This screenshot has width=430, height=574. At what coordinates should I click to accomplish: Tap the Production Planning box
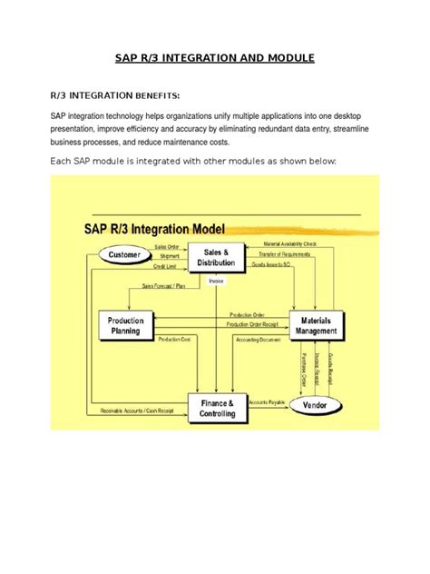(125, 325)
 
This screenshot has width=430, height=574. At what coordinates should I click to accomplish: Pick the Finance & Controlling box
(218, 408)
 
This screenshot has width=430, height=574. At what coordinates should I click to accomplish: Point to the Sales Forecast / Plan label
(164, 285)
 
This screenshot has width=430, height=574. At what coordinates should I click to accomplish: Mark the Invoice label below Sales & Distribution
(217, 281)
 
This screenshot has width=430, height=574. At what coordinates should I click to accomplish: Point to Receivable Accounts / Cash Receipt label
(138, 411)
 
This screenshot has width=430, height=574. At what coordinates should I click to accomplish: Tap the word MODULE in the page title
(281, 57)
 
